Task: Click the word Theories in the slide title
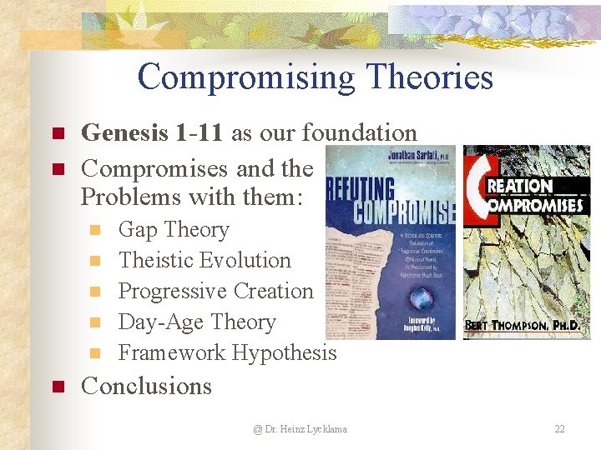point(434,77)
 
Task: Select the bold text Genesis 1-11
point(147,132)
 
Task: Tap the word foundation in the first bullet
point(359,132)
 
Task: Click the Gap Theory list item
point(174,229)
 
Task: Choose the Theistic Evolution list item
point(205,260)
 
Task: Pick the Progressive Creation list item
point(215,291)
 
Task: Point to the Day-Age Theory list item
point(197,322)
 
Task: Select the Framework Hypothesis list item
point(227,352)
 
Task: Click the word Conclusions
point(146,386)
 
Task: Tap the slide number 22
point(559,429)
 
